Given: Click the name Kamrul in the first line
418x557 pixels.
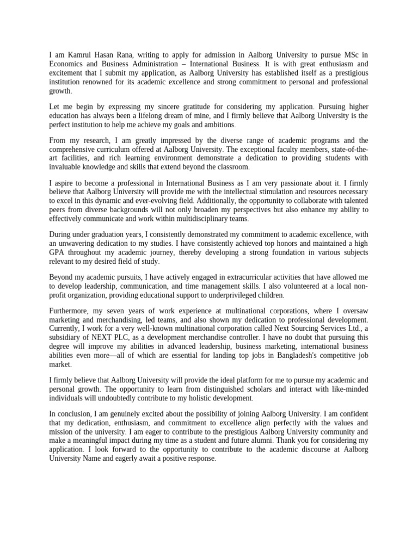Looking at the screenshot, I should (x=77, y=54).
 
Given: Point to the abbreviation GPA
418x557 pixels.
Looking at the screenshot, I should (x=58, y=252).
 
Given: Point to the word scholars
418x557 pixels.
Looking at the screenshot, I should (x=223, y=389).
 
